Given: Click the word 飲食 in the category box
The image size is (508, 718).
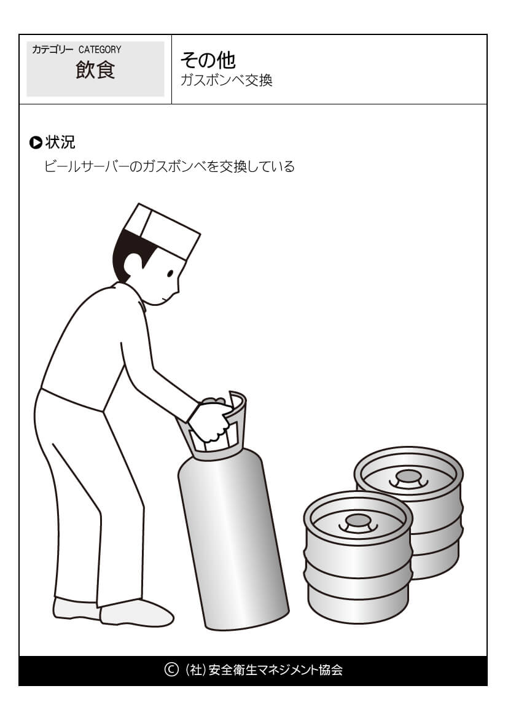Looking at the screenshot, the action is [x=95, y=70].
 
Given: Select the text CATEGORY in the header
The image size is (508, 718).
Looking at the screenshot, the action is [x=100, y=50].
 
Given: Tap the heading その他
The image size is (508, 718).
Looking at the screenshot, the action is [x=208, y=60].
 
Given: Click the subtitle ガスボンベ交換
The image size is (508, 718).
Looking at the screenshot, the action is [x=227, y=80].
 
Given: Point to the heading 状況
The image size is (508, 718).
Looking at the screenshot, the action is [x=60, y=142].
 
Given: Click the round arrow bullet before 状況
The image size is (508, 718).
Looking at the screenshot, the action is [x=35, y=143].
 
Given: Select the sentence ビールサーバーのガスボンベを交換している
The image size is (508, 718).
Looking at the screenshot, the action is [x=170, y=166].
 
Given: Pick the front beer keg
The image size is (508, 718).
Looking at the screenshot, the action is [x=358, y=556].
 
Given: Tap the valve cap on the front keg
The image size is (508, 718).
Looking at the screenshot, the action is [x=358, y=521].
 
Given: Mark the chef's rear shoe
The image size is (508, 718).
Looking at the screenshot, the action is [x=76, y=608].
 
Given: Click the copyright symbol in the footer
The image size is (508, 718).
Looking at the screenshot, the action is [x=171, y=669].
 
